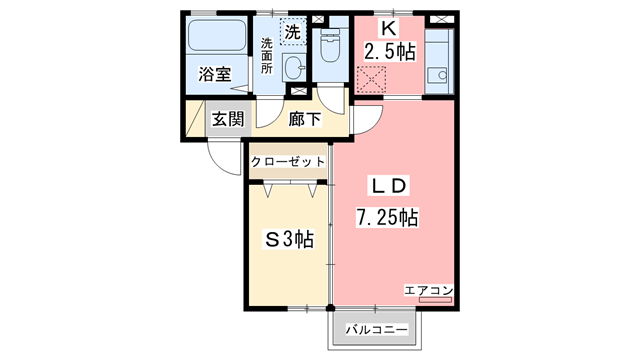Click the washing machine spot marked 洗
coord(292,32)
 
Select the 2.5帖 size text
coord(390,51)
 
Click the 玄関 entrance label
coord(227,119)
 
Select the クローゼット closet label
coord(288,160)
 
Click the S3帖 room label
coord(288,240)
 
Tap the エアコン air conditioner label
coord(430,290)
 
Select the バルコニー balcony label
coord(376,329)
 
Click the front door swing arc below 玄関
coord(222,156)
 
